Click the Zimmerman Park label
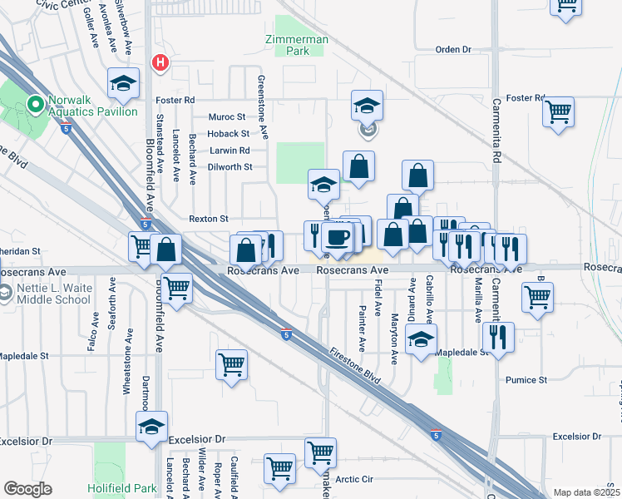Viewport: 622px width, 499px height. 296,45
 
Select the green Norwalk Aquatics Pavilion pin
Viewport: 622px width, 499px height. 35,106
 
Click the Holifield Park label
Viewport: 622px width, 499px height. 121,488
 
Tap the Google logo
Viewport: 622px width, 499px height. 27,489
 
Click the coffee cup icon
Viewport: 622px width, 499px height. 338,238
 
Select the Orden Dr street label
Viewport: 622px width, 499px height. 453,50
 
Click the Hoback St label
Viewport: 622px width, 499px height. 229,134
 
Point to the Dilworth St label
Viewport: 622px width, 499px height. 230,167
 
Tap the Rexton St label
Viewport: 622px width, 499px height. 208,219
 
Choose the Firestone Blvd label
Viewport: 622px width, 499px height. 355,365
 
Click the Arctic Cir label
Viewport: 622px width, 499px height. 372,479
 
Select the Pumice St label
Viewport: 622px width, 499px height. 526,380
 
